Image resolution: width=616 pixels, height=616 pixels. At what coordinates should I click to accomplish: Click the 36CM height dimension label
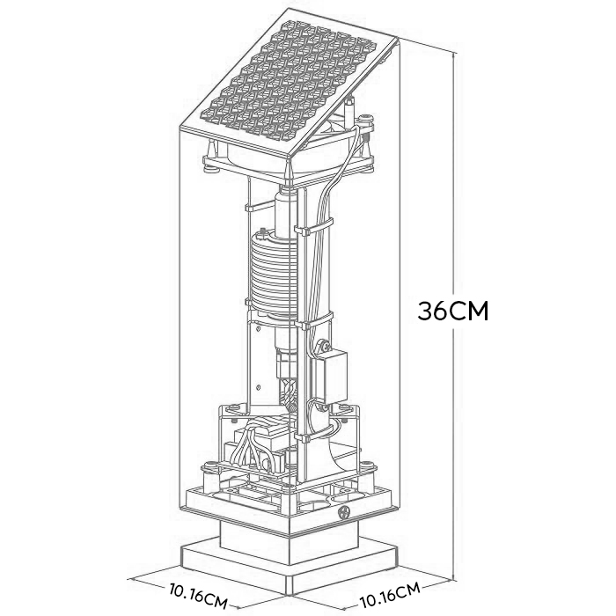coord(452,312)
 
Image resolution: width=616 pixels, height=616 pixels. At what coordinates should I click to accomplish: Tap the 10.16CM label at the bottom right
coord(390,595)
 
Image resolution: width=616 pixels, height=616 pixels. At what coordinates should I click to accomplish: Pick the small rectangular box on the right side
coord(333,377)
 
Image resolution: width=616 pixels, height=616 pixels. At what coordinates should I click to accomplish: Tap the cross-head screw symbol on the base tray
coord(344,512)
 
